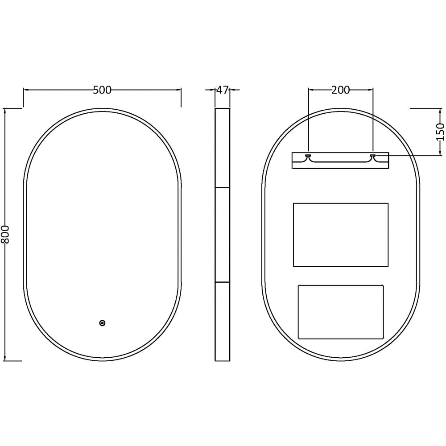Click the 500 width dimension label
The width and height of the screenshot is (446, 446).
tap(102, 90)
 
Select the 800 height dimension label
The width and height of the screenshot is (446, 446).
tap(5, 235)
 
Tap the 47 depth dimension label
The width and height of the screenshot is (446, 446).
tap(223, 90)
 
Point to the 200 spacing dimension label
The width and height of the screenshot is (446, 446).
tap(340, 90)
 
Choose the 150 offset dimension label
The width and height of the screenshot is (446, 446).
tap(440, 132)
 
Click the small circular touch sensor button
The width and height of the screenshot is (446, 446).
tap(102, 323)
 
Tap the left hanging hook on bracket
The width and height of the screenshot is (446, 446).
tap(308, 156)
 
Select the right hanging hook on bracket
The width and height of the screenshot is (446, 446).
tap(373, 156)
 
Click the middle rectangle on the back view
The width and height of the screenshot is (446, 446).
tap(341, 235)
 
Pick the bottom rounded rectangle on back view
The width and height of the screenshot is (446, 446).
tap(341, 312)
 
